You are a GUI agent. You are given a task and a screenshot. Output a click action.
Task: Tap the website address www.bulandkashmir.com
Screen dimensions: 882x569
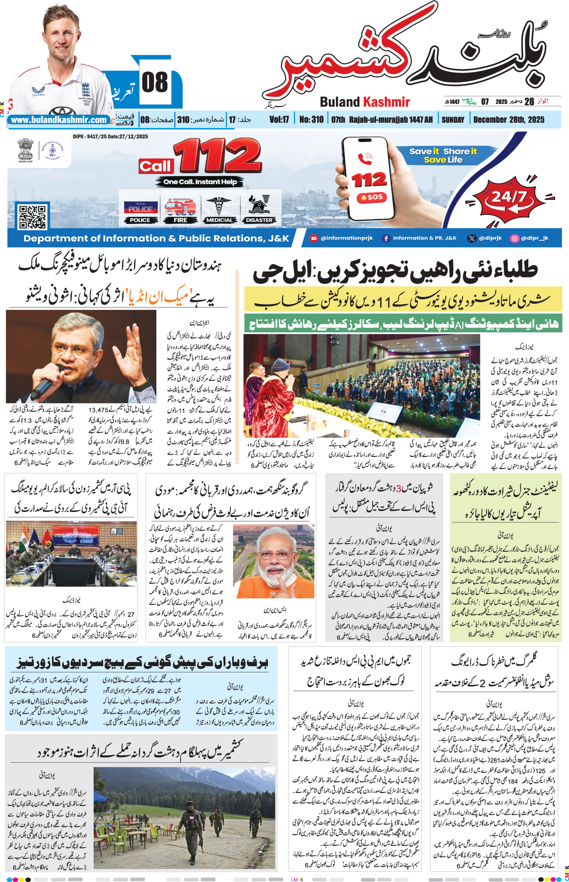(x=59, y=120)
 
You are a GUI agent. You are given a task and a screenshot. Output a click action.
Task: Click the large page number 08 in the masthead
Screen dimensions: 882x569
(x=155, y=83)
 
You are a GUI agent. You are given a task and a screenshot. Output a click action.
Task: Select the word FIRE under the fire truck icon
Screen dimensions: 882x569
(x=180, y=220)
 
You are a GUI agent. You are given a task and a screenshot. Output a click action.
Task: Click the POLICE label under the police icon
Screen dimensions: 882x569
(x=140, y=220)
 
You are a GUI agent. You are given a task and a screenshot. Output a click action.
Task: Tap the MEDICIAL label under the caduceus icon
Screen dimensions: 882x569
(x=220, y=220)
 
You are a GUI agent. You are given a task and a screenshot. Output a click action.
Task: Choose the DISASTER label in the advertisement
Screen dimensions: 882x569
(x=259, y=220)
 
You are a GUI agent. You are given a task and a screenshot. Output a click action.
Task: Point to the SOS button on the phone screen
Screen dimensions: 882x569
(x=372, y=197)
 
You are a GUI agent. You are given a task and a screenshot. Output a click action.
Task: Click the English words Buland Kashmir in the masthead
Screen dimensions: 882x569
(x=365, y=102)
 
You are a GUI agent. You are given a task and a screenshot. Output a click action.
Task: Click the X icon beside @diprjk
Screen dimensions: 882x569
(x=471, y=239)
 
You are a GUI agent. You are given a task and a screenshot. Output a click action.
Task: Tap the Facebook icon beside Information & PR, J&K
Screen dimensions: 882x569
(x=386, y=239)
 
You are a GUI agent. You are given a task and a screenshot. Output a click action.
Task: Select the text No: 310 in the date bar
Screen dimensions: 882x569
(x=311, y=120)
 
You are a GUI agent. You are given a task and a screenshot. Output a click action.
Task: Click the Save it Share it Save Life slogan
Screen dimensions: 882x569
(x=443, y=155)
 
